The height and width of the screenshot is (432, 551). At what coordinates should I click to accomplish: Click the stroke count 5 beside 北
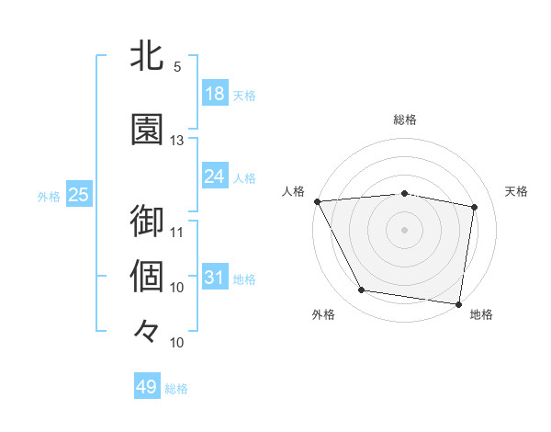click(177, 67)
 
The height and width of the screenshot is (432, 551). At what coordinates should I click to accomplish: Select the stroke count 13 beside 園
click(177, 141)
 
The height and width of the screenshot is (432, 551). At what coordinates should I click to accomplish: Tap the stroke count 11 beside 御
click(177, 232)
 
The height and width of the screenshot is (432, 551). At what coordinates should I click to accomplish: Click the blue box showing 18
click(215, 94)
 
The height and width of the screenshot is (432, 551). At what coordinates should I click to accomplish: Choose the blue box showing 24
click(215, 176)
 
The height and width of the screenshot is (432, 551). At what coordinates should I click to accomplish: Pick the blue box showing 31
click(215, 278)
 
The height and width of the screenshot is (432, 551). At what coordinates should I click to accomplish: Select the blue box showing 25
click(78, 195)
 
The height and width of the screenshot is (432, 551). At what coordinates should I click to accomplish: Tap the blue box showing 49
click(147, 387)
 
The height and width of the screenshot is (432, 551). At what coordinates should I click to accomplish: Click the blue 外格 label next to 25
click(49, 196)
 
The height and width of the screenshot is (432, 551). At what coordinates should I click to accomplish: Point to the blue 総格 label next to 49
click(177, 389)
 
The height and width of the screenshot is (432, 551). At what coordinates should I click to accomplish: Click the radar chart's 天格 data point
click(475, 207)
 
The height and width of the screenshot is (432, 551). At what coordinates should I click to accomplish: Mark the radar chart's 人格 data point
click(317, 201)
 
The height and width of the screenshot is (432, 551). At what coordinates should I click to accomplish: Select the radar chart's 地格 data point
click(458, 303)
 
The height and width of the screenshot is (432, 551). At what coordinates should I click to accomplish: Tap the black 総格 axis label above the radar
click(405, 119)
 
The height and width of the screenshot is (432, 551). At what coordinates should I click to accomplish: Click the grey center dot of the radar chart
click(405, 229)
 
